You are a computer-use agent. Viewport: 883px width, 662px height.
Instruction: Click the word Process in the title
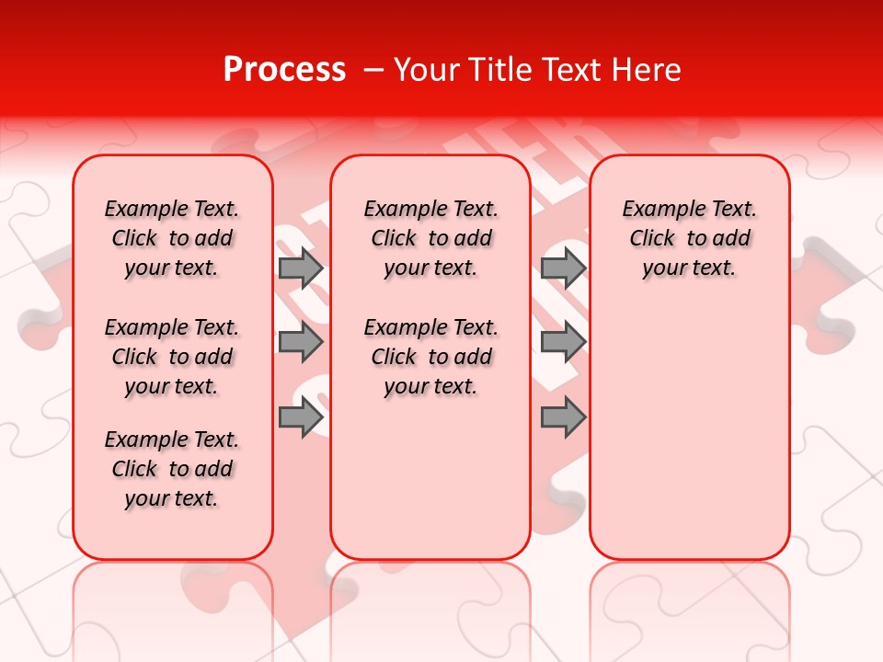(x=284, y=70)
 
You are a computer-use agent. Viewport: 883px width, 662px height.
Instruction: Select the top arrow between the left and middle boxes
(x=301, y=268)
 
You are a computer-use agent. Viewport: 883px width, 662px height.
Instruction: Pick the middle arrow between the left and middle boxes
(x=301, y=343)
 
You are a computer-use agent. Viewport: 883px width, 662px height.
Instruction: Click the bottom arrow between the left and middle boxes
(x=301, y=417)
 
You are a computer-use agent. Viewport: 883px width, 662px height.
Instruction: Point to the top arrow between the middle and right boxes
(x=563, y=268)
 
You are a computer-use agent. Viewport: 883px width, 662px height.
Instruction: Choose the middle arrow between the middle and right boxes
(x=563, y=343)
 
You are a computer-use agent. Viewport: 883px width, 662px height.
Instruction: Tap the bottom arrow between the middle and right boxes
(x=563, y=417)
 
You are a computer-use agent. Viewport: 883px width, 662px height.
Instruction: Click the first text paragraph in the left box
(x=172, y=238)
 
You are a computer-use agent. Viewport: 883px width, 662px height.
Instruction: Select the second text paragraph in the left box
(x=172, y=357)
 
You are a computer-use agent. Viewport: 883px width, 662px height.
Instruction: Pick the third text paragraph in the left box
(x=172, y=469)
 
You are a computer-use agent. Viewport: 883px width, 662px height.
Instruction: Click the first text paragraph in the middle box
(x=431, y=238)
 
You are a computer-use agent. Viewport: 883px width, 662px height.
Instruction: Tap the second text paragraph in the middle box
(x=431, y=357)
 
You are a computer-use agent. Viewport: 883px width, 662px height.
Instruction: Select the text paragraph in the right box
(x=690, y=238)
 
